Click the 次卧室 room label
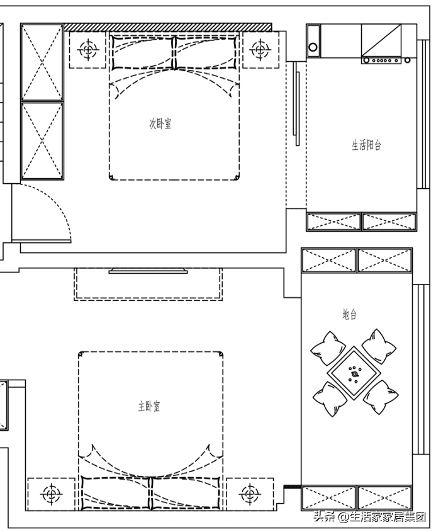coord(160,123)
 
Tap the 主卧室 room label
coord(149,406)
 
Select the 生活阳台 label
coord(366,145)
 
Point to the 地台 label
coord(349,314)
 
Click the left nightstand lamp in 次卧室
coord(89,50)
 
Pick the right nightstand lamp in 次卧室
coord(260,50)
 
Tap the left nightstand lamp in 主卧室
coord(52,494)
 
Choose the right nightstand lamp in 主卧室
coord(250,494)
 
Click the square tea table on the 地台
coord(354,373)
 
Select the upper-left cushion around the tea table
coord(328,348)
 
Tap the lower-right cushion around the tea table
coord(381,397)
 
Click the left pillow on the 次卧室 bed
coord(142,52)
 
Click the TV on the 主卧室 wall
coord(148,271)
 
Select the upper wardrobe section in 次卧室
coord(42,62)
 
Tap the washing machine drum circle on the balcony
coord(313,47)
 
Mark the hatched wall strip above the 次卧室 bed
coord(168,27)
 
